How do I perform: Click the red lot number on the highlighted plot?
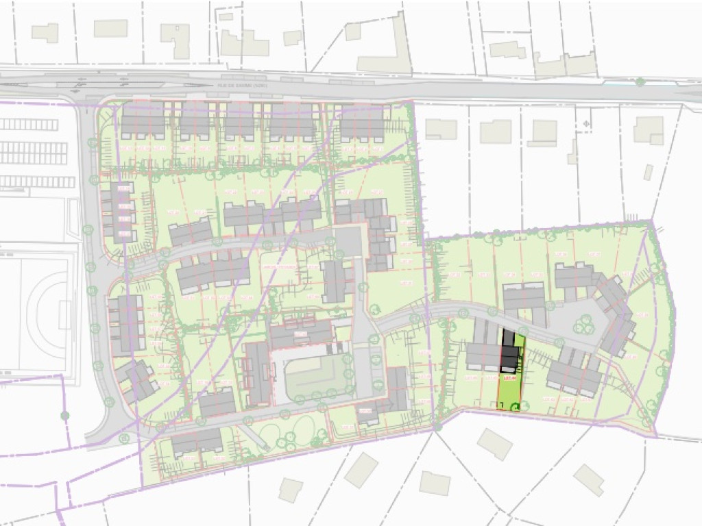tap(509, 377)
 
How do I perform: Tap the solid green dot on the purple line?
tap(65, 415)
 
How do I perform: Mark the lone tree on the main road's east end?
tap(640, 82)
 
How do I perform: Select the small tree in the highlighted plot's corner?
tap(515, 408)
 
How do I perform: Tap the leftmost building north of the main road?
tap(45, 33)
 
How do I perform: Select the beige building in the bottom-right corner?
tap(588, 479)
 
